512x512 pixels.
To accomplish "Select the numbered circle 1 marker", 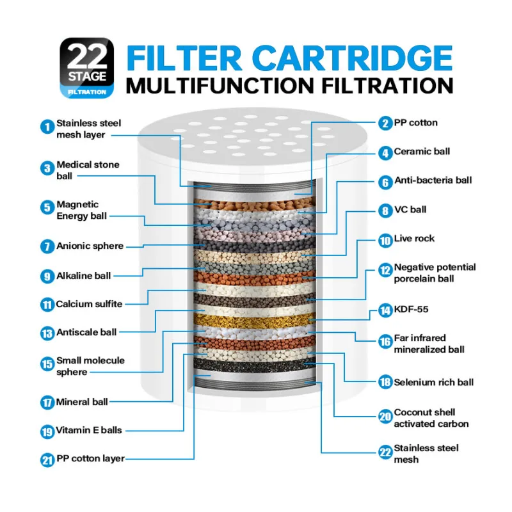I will click(47, 127).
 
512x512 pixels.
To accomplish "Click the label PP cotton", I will click(416, 123).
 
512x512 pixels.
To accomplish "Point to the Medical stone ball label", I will click(88, 170).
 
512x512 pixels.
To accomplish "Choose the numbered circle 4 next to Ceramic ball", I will click(384, 152).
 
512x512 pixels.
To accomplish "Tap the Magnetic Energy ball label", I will click(81, 210).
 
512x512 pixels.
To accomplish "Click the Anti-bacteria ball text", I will click(433, 180).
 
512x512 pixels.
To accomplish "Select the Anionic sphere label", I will click(90, 246).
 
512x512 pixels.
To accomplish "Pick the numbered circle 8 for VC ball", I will click(384, 211).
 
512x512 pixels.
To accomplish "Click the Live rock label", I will click(414, 238).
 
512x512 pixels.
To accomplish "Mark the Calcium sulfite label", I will click(89, 304).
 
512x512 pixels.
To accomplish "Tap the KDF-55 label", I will click(411, 310).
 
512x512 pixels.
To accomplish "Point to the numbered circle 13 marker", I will click(47, 333).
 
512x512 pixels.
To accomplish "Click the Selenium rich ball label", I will click(434, 382).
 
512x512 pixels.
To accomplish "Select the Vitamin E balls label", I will click(89, 431).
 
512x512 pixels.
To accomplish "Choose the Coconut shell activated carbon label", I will click(431, 418).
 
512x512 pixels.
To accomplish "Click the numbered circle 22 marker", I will click(384, 452).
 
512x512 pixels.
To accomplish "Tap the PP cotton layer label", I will click(90, 459).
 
